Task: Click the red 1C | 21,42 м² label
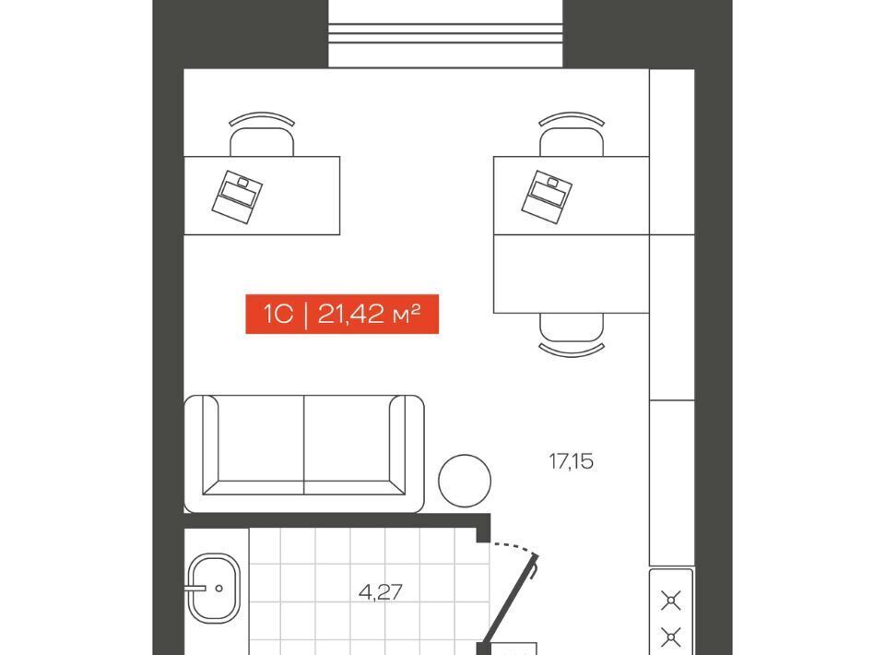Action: pyautogui.click(x=342, y=314)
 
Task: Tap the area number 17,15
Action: pyautogui.click(x=572, y=462)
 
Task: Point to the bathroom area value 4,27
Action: pyautogui.click(x=381, y=592)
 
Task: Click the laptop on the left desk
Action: pyautogui.click(x=237, y=196)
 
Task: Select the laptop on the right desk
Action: pyautogui.click(x=547, y=196)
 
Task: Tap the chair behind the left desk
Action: pyautogui.click(x=262, y=135)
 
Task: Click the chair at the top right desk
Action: pyautogui.click(x=572, y=135)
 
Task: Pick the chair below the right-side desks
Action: pyautogui.click(x=572, y=335)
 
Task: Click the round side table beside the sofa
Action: pyautogui.click(x=465, y=481)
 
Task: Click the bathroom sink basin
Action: pyautogui.click(x=214, y=588)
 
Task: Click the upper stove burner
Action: pyautogui.click(x=671, y=601)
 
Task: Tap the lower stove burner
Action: pyautogui.click(x=671, y=637)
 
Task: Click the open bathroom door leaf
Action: pyautogui.click(x=510, y=601)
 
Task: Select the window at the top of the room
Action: pyautogui.click(x=446, y=33)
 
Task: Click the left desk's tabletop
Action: pyautogui.click(x=262, y=196)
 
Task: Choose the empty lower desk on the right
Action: pyautogui.click(x=572, y=274)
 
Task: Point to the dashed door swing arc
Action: pyautogui.click(x=513, y=546)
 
